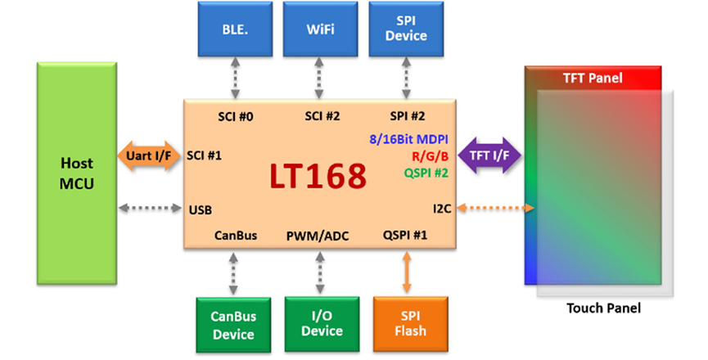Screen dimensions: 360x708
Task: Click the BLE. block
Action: [x=235, y=30]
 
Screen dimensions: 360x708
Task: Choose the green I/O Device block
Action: [x=321, y=322]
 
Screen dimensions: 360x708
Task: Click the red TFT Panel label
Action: [x=593, y=79]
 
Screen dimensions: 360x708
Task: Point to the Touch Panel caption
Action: [x=603, y=308]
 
